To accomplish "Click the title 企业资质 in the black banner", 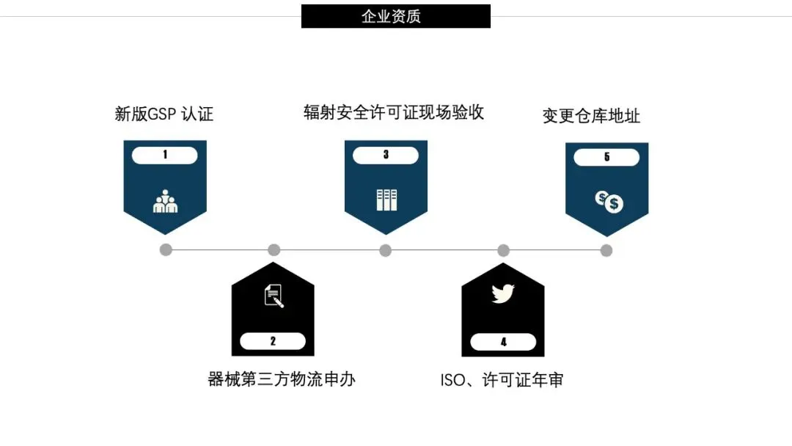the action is [395, 16].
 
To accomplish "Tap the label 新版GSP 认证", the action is [164, 114].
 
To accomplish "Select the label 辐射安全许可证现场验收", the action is [394, 112].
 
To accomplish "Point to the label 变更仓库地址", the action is [591, 116].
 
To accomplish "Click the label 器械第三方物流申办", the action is [282, 379].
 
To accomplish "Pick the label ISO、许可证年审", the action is [502, 380].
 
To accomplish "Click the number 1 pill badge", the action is [165, 155].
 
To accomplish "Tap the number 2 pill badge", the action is [273, 341].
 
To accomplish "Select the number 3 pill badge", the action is [386, 155].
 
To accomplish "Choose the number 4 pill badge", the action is [503, 342].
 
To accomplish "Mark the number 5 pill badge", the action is [606, 157].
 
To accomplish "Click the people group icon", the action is [165, 201].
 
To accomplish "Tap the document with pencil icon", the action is [274, 296].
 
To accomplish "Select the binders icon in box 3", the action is [386, 200].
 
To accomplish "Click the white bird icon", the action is [503, 293].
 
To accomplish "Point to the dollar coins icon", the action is [609, 201].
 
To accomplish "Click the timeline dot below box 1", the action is [166, 250].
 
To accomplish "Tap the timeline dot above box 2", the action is [274, 250].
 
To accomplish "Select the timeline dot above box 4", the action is [503, 250].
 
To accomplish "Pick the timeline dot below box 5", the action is [606, 250].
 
